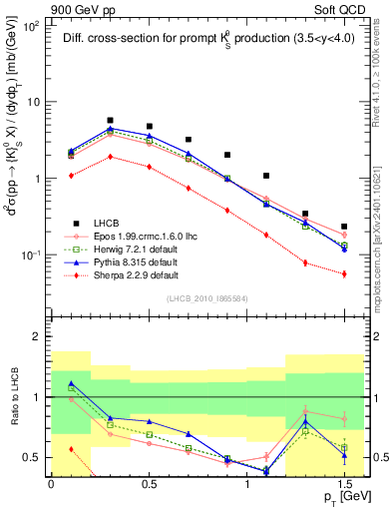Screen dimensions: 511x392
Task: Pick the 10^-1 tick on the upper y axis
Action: click(x=32, y=255)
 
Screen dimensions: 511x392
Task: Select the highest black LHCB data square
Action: click(x=110, y=120)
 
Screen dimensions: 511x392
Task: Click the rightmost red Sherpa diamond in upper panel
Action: click(x=344, y=273)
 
